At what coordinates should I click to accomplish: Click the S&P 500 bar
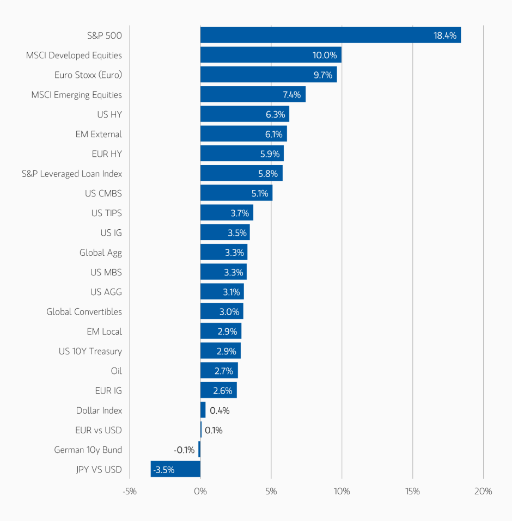point(330,35)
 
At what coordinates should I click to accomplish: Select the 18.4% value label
point(444,35)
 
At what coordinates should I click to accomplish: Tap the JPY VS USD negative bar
point(175,469)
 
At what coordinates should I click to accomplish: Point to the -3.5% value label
point(164,469)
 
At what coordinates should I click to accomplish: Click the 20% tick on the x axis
point(483,491)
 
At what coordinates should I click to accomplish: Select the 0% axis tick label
point(200,491)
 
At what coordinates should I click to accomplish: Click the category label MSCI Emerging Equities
point(76,95)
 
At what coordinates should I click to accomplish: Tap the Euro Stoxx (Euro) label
point(88,75)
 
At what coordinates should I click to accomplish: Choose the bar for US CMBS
point(236,193)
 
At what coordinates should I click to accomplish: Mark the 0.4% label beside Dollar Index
point(220,410)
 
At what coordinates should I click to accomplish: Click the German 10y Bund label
point(88,450)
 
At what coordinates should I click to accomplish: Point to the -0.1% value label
point(184,450)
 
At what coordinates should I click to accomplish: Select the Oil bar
point(219,371)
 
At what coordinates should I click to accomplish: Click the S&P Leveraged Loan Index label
point(72,174)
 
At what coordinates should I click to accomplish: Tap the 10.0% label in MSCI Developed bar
point(325,56)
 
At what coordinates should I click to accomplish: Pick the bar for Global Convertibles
point(222,311)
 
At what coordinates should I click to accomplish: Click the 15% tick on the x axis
point(412,491)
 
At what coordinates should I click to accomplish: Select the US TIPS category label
point(107,213)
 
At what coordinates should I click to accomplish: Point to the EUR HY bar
point(242,154)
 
